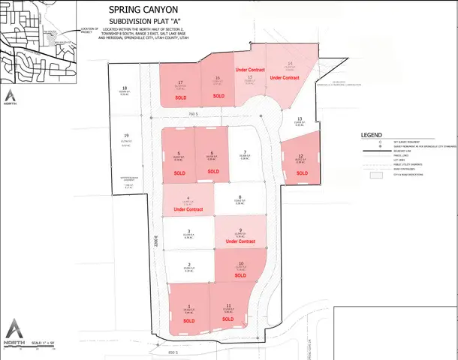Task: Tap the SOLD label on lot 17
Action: [181, 97]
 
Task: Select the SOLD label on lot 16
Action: [218, 97]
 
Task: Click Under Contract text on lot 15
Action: [251, 70]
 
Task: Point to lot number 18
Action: [125, 88]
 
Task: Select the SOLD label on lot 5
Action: [179, 173]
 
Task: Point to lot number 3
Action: [188, 231]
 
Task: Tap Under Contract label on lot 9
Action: [241, 242]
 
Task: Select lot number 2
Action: [188, 264]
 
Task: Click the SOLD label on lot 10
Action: [240, 275]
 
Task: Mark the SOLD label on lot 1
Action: [188, 320]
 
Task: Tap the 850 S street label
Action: [173, 352]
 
